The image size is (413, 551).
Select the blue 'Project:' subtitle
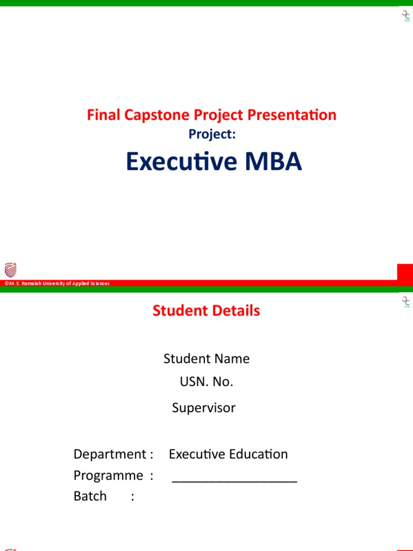point(212,135)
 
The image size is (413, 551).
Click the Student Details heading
point(206,310)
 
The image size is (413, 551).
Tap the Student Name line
point(206,358)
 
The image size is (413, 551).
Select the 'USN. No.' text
point(206,382)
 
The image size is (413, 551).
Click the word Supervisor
point(204,408)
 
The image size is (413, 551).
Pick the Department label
point(113,454)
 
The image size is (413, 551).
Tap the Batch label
point(90,496)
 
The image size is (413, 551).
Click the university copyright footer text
point(57,284)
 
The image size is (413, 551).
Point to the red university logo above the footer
point(10,270)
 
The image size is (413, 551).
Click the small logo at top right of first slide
point(406,16)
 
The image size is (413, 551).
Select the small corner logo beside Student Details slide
point(406,302)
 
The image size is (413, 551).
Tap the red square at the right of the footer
point(405,272)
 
